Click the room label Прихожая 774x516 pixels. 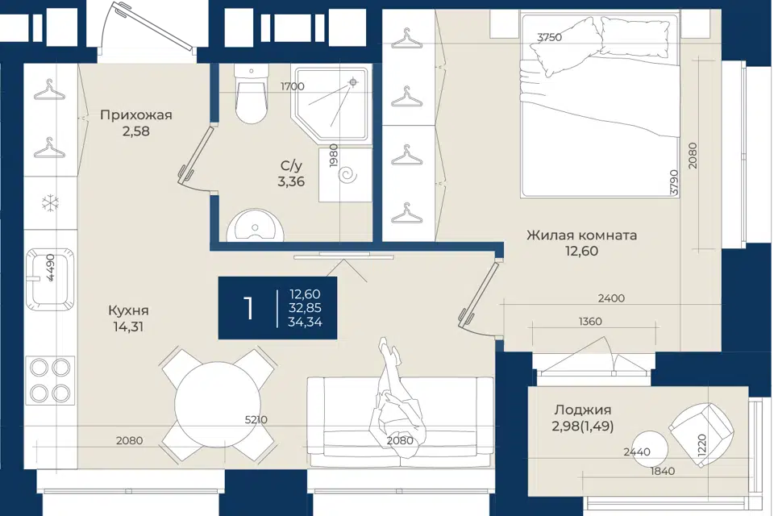pos(135,115)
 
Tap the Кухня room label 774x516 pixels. pos(128,310)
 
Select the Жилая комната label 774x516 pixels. pos(581,235)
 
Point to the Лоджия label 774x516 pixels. pos(583,410)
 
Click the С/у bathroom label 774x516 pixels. pos(291,165)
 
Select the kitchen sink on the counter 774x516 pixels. pos(50,280)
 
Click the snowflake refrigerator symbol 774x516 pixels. pos(50,202)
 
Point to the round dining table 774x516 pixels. pos(218,404)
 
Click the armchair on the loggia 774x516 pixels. pos(701,433)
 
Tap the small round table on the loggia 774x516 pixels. pos(650,449)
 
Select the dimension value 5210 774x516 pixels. pos(256,420)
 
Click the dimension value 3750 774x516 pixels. pos(549,37)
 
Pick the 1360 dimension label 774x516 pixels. pos(590,322)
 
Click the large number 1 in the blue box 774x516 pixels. pos(249,308)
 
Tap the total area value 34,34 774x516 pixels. pos(305,322)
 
